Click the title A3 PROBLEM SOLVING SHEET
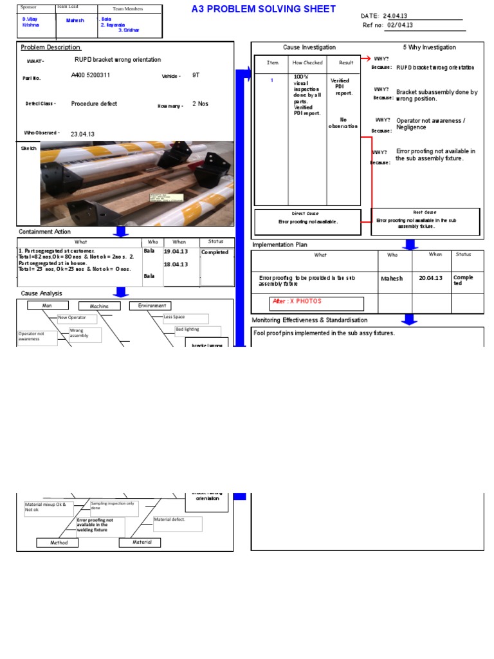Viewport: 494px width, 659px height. pyautogui.click(x=264, y=9)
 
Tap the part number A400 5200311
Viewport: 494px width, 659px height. pyautogui.click(x=91, y=75)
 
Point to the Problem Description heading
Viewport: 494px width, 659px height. pyautogui.click(x=51, y=48)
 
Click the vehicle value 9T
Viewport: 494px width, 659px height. pyautogui.click(x=196, y=75)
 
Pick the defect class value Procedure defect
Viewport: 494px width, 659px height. pyautogui.click(x=95, y=104)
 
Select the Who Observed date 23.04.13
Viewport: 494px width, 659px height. pyautogui.click(x=82, y=134)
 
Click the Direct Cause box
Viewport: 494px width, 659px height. pyautogui.click(x=307, y=218)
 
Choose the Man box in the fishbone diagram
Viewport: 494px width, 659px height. pyautogui.click(x=47, y=306)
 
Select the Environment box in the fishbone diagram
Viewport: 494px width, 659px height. pyautogui.click(x=152, y=306)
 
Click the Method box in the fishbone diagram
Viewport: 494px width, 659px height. pyautogui.click(x=59, y=543)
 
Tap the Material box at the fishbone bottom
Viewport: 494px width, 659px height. pyautogui.click(x=140, y=543)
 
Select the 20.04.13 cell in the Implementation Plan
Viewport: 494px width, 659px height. pyautogui.click(x=431, y=278)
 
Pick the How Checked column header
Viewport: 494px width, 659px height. pyautogui.click(x=307, y=63)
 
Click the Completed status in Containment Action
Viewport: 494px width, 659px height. pyautogui.click(x=215, y=252)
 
